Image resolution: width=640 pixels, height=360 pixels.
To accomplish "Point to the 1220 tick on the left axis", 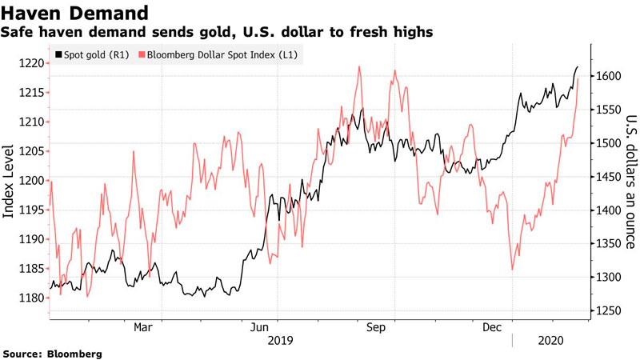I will pyautogui.click(x=32, y=63).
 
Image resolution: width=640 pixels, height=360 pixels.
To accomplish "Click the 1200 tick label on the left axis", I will pyautogui.click(x=32, y=181).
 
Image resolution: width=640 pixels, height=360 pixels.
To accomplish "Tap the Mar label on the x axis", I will pyautogui.click(x=142, y=327).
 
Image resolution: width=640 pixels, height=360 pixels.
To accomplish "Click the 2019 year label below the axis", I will pyautogui.click(x=280, y=340).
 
